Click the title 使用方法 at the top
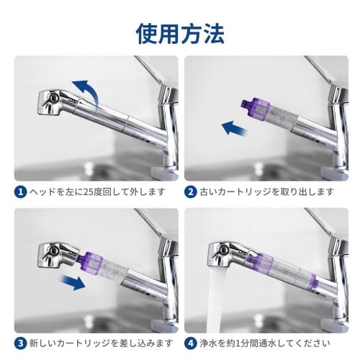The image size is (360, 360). point(179,32)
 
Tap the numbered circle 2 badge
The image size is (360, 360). point(191,192)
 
